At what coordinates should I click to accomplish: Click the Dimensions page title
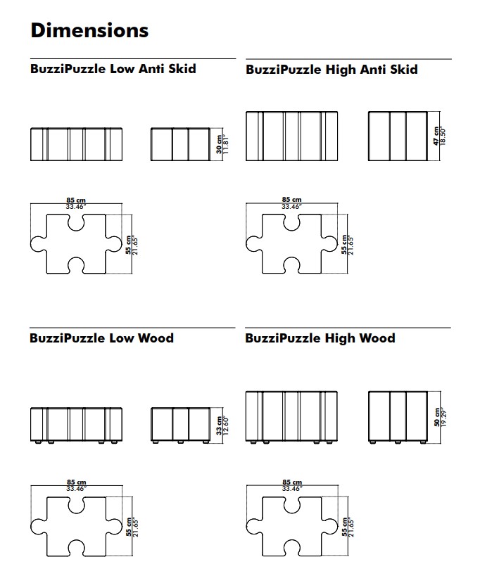89,30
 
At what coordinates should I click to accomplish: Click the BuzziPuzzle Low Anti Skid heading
113,69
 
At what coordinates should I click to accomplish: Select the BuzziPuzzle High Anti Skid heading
331,70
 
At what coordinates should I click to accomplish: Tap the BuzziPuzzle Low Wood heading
101,338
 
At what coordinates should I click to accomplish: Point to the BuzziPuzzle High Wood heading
320,338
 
